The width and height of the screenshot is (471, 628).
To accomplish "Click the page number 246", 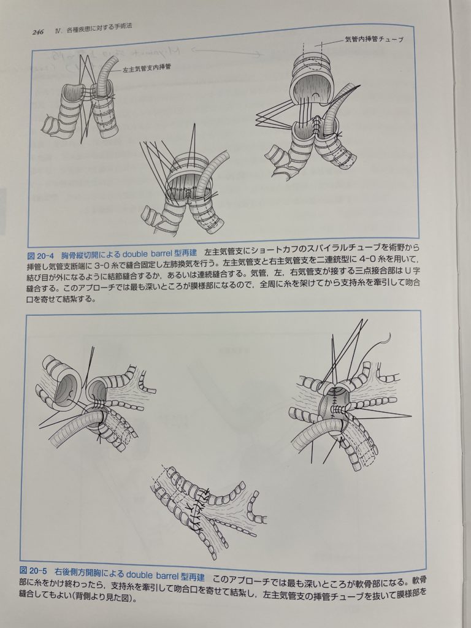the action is [37, 32].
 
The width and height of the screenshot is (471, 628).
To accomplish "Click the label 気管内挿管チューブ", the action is [373, 39].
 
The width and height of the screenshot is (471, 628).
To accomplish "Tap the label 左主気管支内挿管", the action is [147, 68].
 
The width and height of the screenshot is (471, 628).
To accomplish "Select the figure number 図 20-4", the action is [40, 255].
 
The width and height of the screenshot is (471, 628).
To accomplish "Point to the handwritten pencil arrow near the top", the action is [228, 52].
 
